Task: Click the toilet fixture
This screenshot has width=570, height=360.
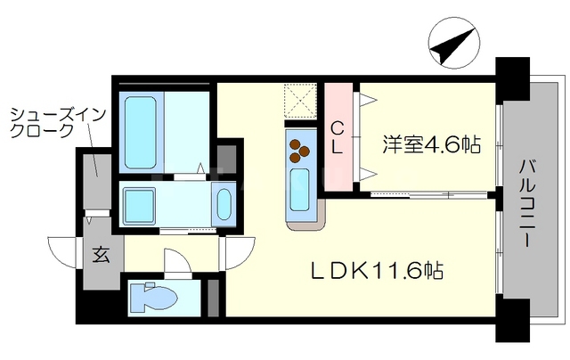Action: [x=151, y=297]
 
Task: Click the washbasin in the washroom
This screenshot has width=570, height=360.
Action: [x=224, y=204]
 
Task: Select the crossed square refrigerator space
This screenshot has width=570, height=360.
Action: [x=300, y=99]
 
